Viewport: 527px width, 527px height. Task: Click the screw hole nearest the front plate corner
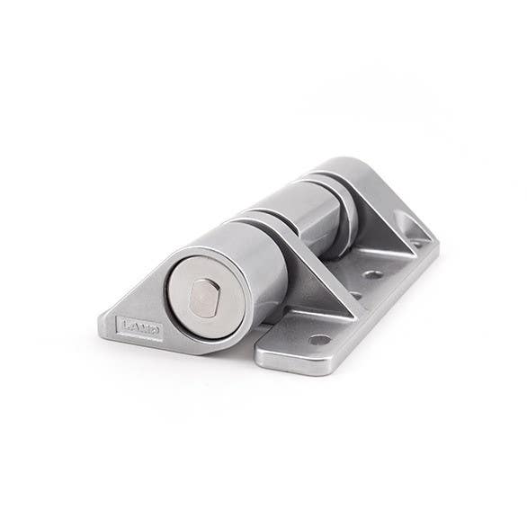coord(318,340)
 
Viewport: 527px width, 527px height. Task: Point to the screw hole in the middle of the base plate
coord(372,273)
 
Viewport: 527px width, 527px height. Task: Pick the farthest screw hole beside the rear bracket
coord(415,241)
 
